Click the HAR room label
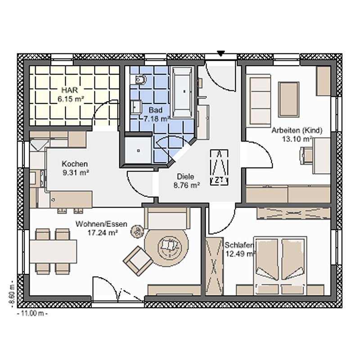tap(70, 90)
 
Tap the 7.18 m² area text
tap(157, 119)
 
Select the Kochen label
tap(75, 164)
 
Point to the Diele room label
tap(185, 176)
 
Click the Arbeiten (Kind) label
tap(297, 130)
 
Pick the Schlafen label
tap(239, 245)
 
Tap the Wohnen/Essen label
tap(101, 224)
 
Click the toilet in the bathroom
tap(139, 80)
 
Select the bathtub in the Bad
tap(182, 92)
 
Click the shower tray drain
tap(139, 151)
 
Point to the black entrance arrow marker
tap(220, 54)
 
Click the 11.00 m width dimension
tap(32, 313)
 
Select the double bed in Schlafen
tap(280, 265)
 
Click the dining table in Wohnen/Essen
tap(53, 251)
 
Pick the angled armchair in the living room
tap(138, 261)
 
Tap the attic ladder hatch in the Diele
tap(219, 167)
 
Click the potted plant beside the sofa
tap(137, 231)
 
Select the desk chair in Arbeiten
tap(306, 156)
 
